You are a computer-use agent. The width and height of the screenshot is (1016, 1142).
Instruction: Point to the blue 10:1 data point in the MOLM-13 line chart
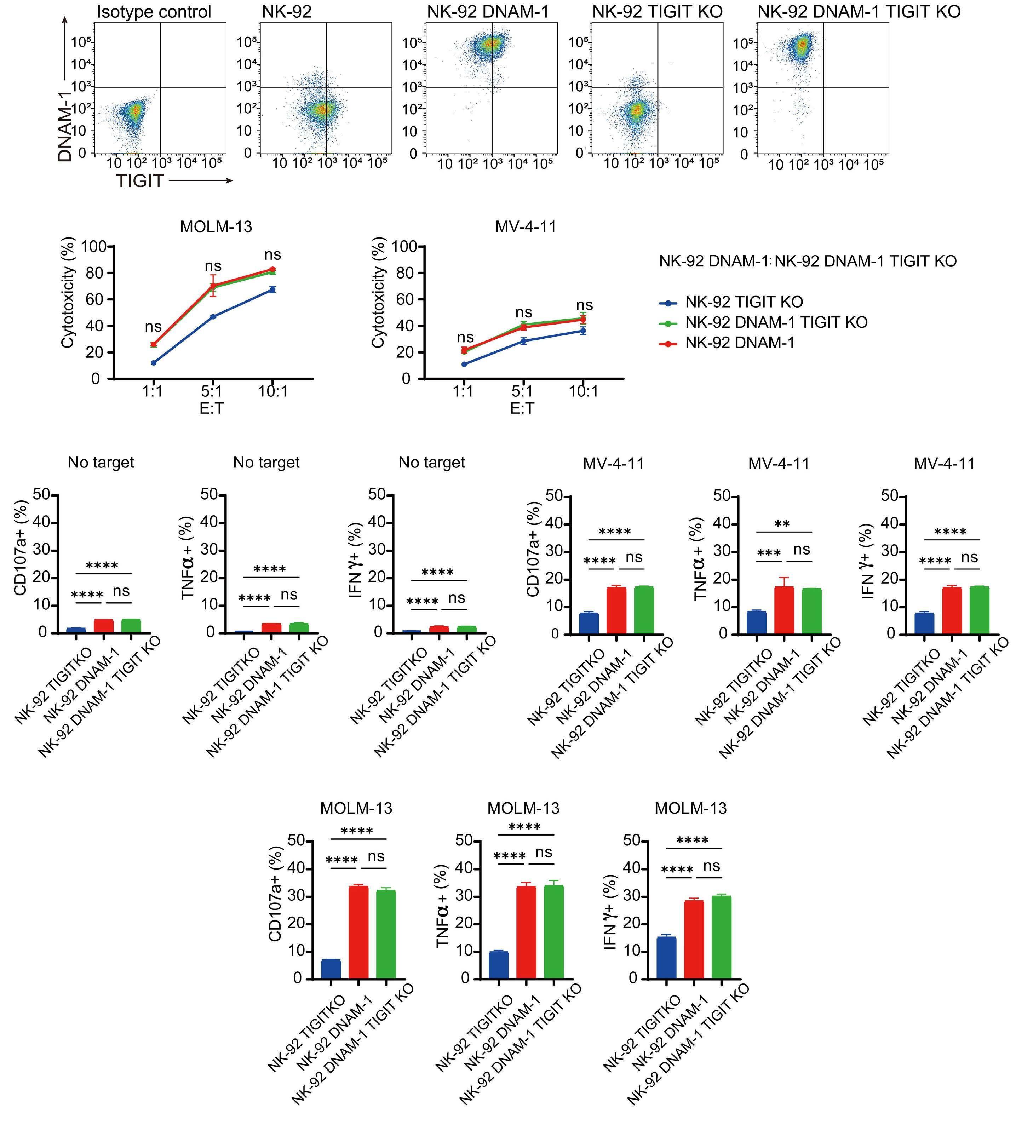(x=272, y=289)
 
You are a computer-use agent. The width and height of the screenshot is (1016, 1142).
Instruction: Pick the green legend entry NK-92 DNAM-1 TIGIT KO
(x=776, y=322)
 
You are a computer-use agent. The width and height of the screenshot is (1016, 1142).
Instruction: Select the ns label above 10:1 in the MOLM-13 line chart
(x=272, y=255)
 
